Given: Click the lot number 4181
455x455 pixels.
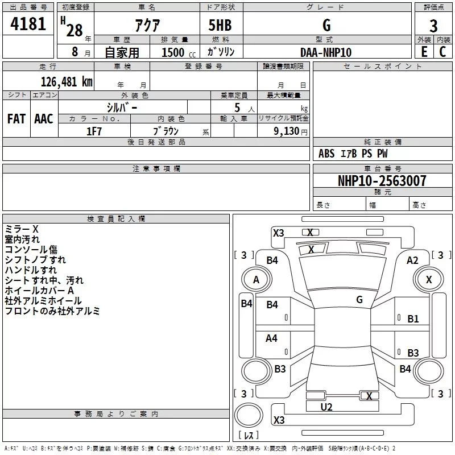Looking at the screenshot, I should (x=28, y=26).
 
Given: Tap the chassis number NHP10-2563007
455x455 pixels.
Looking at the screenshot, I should (x=382, y=181).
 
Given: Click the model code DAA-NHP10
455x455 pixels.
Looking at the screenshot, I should (x=326, y=52).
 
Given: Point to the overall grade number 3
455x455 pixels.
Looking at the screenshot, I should (x=433, y=26).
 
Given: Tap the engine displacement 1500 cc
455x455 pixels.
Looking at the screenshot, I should (x=173, y=52).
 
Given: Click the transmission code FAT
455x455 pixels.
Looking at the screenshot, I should (x=16, y=119).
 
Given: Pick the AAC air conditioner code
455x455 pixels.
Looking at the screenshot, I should (x=44, y=119).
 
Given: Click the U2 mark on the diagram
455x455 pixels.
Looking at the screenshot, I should (x=326, y=407).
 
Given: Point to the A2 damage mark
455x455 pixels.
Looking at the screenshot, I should (x=412, y=260).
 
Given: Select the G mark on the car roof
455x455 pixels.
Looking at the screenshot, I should (x=359, y=299).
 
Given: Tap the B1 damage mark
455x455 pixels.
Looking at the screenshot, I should (x=413, y=319).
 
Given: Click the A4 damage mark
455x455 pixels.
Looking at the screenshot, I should (x=272, y=338).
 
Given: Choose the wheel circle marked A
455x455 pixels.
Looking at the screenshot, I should (x=256, y=279).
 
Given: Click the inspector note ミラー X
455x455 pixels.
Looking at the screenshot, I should (x=22, y=229).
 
